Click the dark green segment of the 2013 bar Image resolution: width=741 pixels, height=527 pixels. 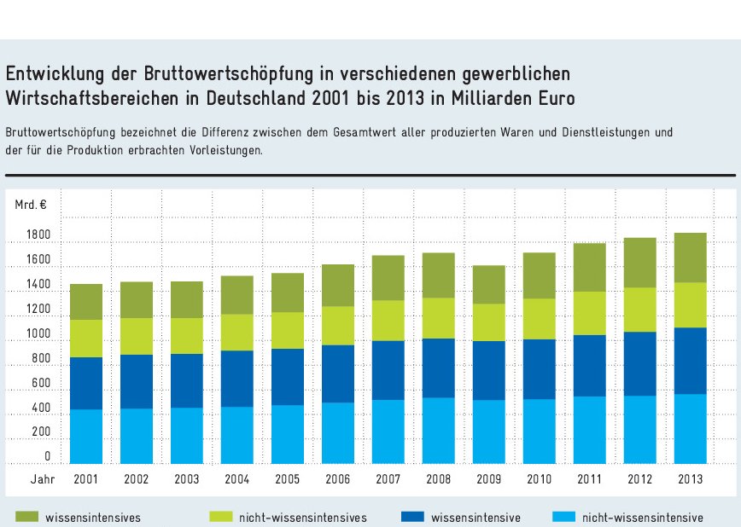click(691, 258)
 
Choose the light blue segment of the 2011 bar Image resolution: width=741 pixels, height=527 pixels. click(590, 430)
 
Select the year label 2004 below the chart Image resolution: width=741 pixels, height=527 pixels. click(236, 479)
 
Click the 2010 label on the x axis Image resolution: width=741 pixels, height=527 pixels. click(540, 479)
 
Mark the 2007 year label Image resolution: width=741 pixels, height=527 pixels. click(388, 479)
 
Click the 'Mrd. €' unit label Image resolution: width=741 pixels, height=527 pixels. click(31, 205)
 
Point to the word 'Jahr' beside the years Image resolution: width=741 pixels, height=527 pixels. click(43, 479)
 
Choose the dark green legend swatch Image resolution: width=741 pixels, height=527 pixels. click(26, 517)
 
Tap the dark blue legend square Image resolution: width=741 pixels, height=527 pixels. click(411, 517)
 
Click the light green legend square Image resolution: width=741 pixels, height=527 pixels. click(221, 517)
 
